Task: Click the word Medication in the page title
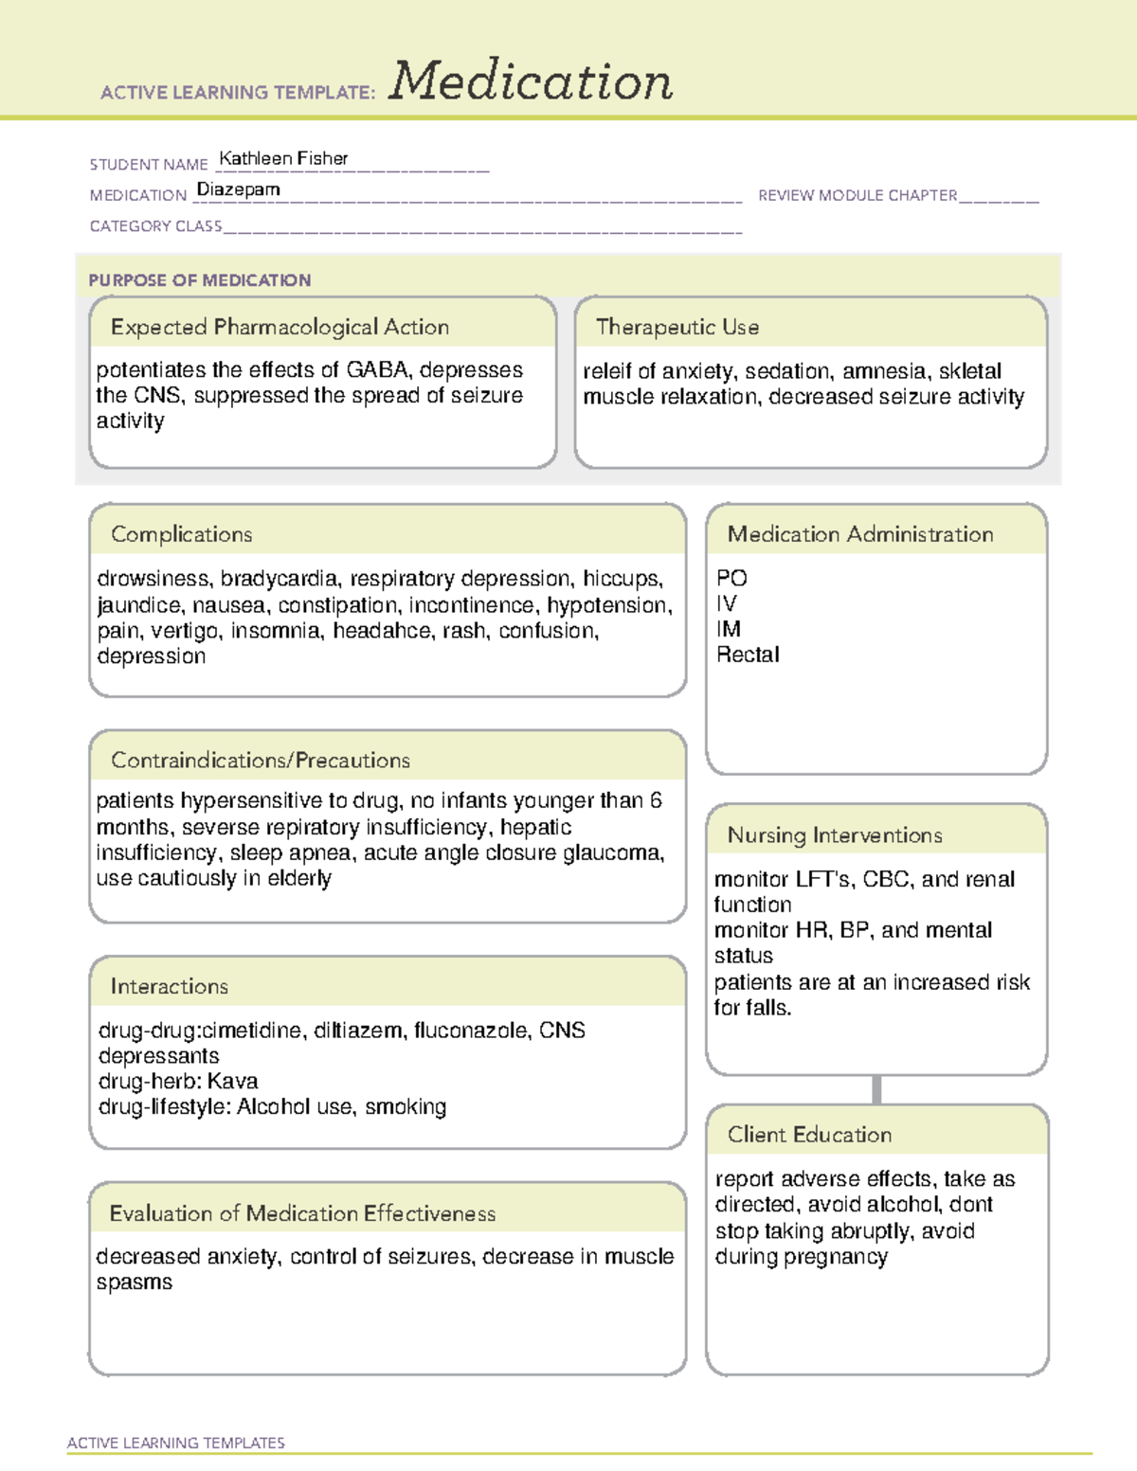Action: coord(531,81)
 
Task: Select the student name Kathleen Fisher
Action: coord(283,158)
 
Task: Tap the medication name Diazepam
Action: coord(238,189)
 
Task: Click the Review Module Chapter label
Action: coord(857,195)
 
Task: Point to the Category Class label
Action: coord(155,226)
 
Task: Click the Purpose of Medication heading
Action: coord(199,280)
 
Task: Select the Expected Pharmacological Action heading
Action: coord(280,327)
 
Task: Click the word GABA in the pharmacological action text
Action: coord(377,369)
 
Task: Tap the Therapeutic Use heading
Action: coord(677,327)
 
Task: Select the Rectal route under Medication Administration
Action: coord(748,655)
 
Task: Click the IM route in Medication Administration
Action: coord(728,629)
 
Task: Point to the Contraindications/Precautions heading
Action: coord(260,761)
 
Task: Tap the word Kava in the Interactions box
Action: coord(232,1081)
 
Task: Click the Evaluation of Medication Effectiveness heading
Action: coord(302,1213)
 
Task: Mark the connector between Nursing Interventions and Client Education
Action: coord(876,1089)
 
